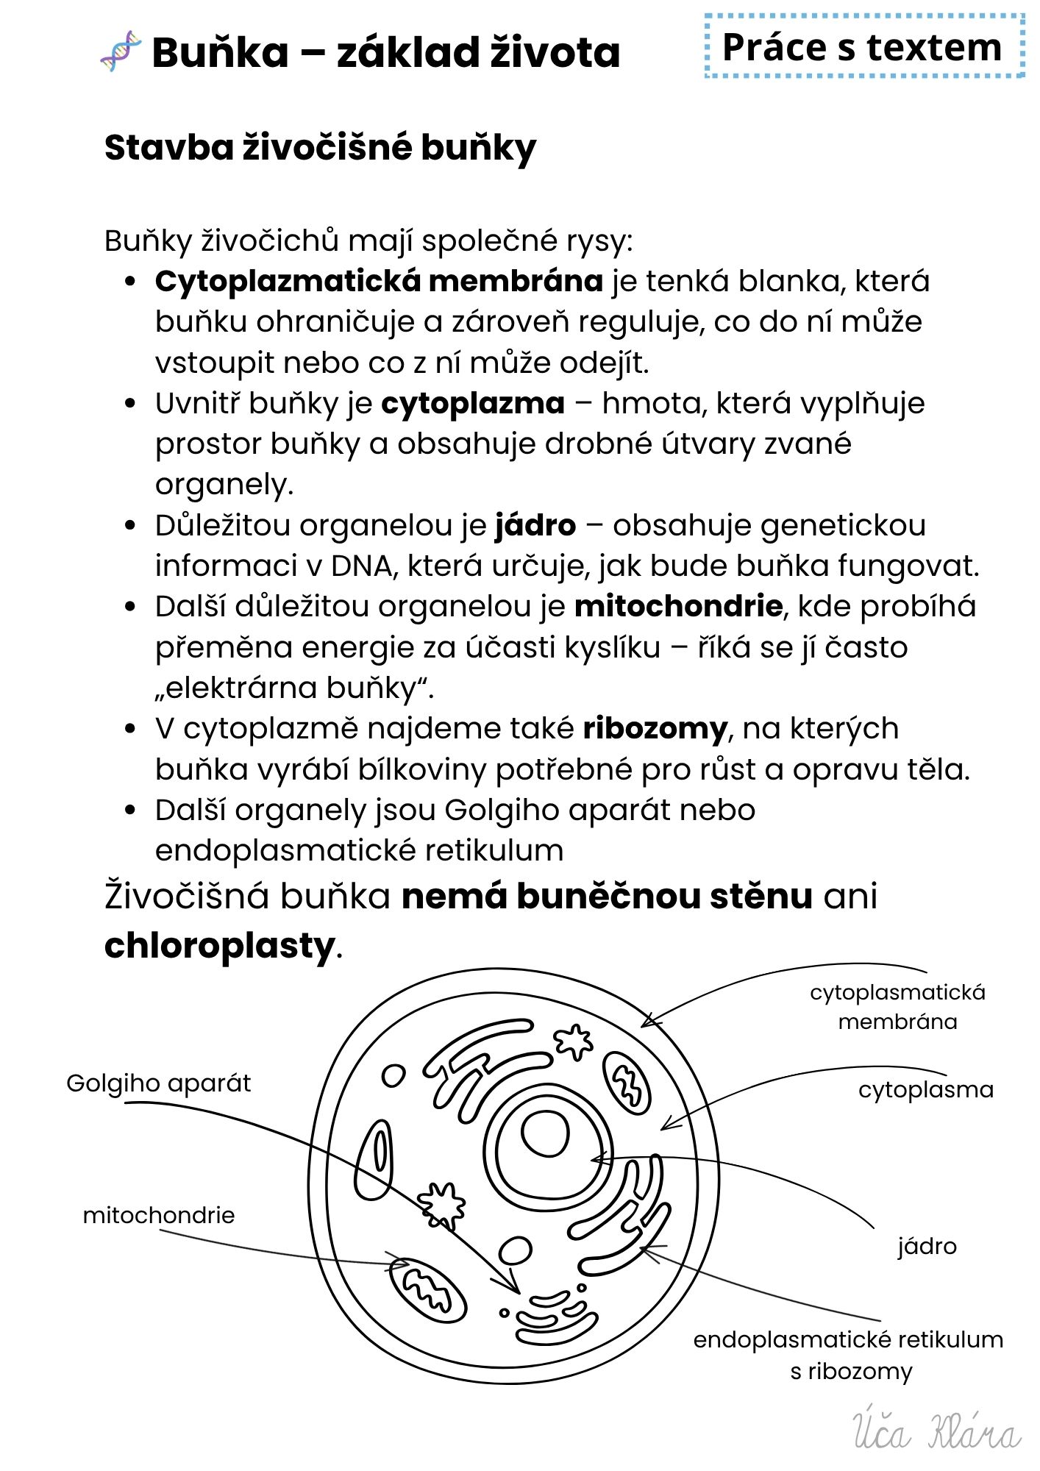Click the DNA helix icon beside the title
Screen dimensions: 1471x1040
[x=121, y=51]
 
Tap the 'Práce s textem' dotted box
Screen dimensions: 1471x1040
[x=863, y=47]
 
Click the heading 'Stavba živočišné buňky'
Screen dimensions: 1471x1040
[x=320, y=148]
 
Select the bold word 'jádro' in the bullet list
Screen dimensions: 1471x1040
[x=535, y=525]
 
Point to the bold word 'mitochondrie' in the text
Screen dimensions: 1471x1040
[x=678, y=606]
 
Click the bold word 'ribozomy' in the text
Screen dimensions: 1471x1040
[x=655, y=728]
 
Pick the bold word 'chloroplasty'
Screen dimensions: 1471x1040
[x=219, y=946]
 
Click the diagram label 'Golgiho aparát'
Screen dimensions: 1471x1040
[x=158, y=1083]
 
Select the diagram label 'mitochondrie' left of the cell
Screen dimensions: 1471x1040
[x=158, y=1215]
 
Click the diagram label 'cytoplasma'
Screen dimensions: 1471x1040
[x=925, y=1089]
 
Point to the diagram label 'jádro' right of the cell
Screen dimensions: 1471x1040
[x=927, y=1246]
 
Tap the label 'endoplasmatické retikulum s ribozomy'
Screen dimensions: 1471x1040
[x=848, y=1355]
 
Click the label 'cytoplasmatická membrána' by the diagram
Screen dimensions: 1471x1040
[x=897, y=1006]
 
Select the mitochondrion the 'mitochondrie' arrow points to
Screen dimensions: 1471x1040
[x=427, y=1289]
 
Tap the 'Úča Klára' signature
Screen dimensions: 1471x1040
[x=936, y=1431]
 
